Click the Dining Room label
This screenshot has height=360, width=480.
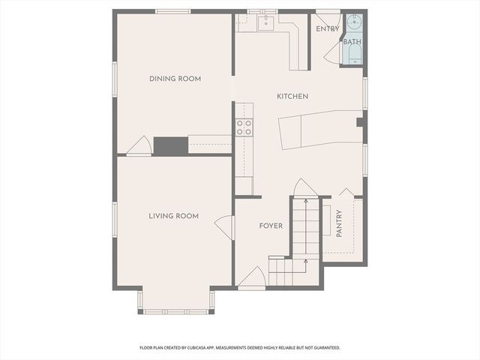click(175, 79)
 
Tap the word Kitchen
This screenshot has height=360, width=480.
click(292, 97)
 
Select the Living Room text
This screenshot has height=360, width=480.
click(173, 216)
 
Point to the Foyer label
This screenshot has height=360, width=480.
click(271, 226)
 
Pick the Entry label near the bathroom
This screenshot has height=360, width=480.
click(327, 29)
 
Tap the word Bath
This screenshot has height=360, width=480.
click(352, 42)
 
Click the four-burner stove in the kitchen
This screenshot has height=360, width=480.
click(244, 127)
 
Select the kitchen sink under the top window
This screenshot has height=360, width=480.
click(264, 23)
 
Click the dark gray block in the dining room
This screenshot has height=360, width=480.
click(170, 145)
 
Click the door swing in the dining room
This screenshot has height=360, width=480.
click(139, 147)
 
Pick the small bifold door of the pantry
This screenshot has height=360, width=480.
click(346, 193)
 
